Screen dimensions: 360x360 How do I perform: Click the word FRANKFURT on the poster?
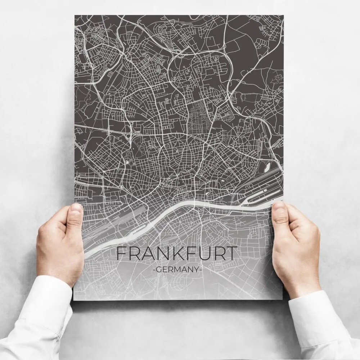coord(177,254)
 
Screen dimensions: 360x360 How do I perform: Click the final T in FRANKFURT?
coord(232,254)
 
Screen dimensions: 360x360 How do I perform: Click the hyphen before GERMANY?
coord(154,269)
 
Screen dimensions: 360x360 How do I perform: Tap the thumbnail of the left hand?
coord(76,212)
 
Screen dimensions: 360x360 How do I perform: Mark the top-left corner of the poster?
coord(75,15)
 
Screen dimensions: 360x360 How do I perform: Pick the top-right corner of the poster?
coord(283,15)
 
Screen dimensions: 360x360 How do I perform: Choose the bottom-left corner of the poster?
coord(73,300)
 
